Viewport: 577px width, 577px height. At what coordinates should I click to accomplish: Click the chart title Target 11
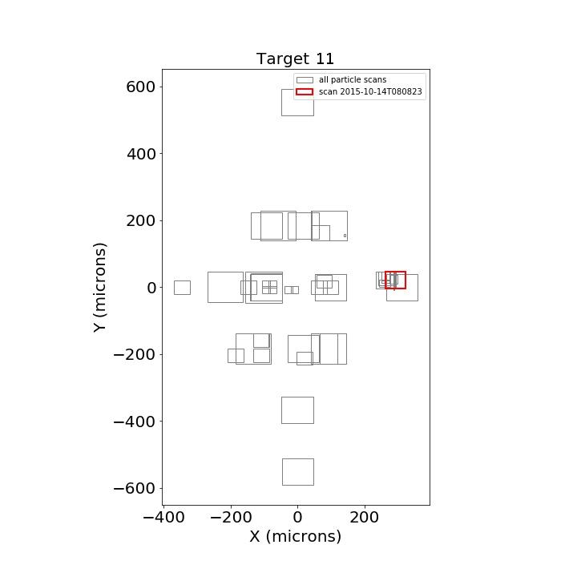pyautogui.click(x=295, y=59)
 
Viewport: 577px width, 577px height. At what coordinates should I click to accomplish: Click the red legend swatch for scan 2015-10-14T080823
pyautogui.click(x=305, y=91)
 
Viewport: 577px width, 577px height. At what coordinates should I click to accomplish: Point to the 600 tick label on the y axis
pyautogui.click(x=141, y=87)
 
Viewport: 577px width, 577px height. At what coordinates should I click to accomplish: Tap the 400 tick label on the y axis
pyautogui.click(x=141, y=154)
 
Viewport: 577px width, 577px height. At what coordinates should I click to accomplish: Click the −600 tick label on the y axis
pyautogui.click(x=135, y=488)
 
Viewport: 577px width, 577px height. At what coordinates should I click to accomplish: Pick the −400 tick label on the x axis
pyautogui.click(x=163, y=518)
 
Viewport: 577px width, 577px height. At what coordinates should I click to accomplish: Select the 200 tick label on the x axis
pyautogui.click(x=365, y=518)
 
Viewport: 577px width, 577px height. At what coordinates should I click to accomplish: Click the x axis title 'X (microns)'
pyautogui.click(x=296, y=536)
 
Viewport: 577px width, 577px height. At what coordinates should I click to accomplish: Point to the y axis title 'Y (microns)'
pyautogui.click(x=99, y=288)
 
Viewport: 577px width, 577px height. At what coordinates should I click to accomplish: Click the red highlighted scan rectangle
pyautogui.click(x=396, y=272)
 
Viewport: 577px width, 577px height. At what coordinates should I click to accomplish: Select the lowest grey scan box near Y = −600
pyautogui.click(x=298, y=459)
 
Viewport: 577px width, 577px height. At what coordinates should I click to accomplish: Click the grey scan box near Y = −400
pyautogui.click(x=297, y=397)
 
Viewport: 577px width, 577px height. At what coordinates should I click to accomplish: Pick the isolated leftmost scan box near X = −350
pyautogui.click(x=182, y=281)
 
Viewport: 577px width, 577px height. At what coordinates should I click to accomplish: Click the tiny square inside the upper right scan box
pyautogui.click(x=345, y=236)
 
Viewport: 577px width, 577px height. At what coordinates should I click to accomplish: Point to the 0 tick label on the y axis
pyautogui.click(x=151, y=288)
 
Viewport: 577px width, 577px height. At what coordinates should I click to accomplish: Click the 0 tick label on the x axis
pyautogui.click(x=297, y=518)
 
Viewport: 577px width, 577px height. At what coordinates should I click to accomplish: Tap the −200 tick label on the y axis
pyautogui.click(x=135, y=355)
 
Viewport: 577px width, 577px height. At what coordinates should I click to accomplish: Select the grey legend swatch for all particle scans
pyautogui.click(x=305, y=80)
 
